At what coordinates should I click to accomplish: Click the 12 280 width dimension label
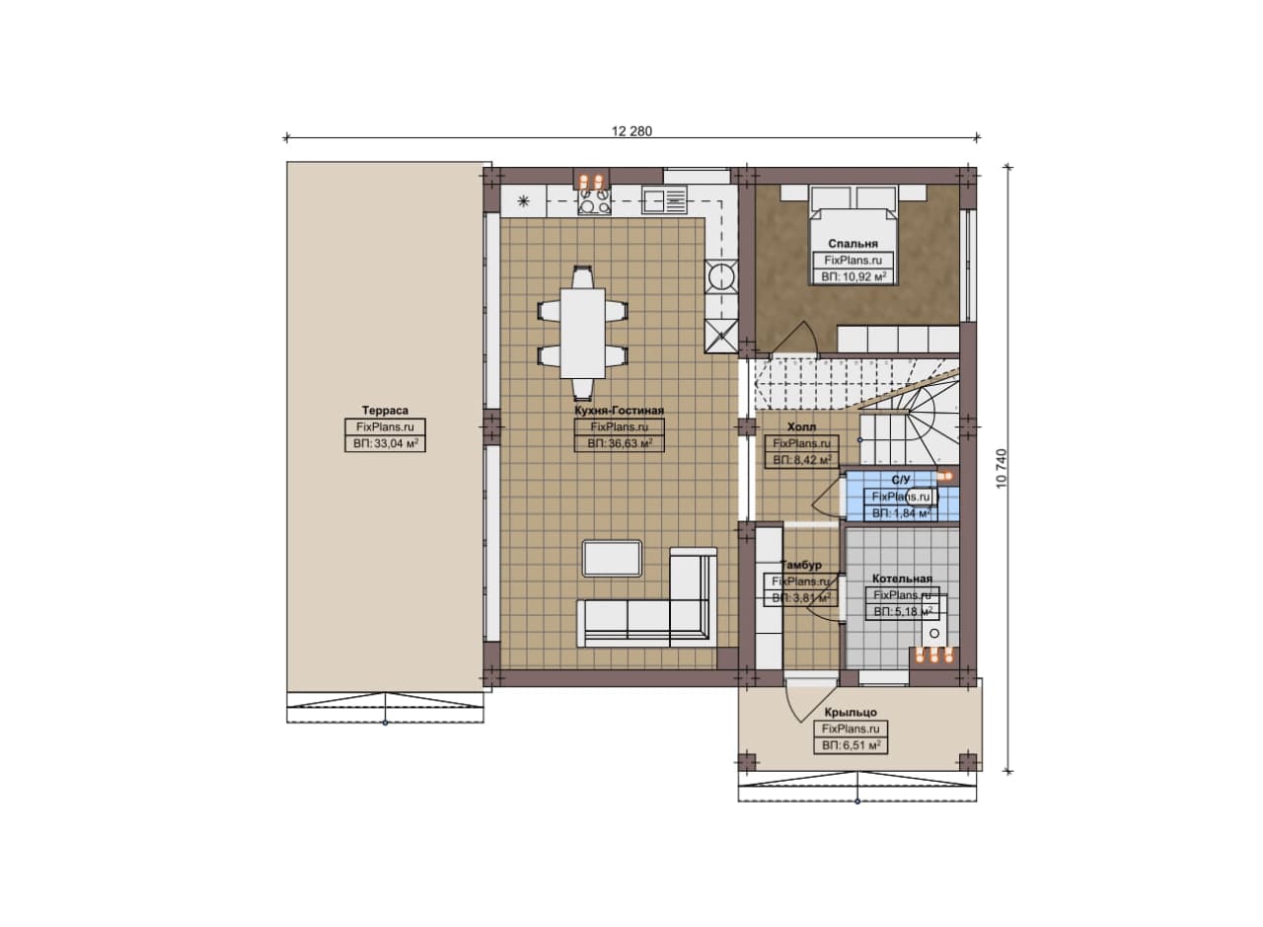point(631,131)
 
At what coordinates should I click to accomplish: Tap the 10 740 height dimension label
point(1002,469)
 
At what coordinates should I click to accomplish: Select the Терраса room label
point(385,410)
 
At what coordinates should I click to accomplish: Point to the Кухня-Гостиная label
point(619,410)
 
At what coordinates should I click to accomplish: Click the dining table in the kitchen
point(582,333)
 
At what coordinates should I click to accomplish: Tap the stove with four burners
point(594,200)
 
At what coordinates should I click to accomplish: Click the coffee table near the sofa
point(613,559)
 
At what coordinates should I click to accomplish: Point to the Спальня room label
point(853,244)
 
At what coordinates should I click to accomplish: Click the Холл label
point(801,427)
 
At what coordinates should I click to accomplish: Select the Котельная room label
point(902,579)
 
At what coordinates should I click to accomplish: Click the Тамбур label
point(800,565)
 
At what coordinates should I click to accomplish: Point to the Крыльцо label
point(851,712)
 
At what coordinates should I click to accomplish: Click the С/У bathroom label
point(901,480)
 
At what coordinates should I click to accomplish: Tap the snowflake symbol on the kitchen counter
point(523,200)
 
